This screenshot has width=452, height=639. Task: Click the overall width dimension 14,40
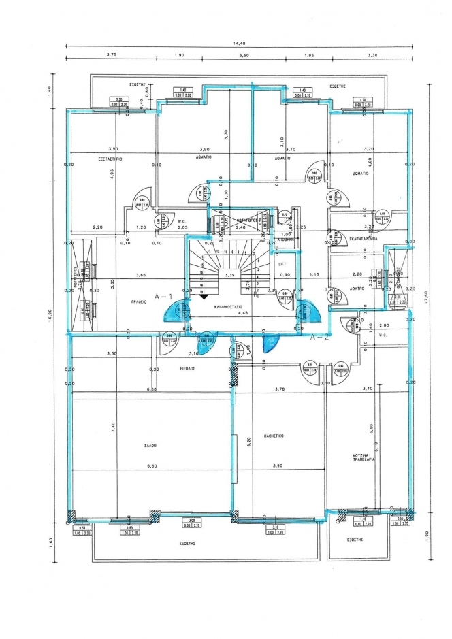239,43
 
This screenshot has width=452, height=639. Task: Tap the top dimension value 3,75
112,55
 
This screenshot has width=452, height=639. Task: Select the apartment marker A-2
320,336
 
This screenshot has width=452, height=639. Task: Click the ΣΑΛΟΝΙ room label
150,445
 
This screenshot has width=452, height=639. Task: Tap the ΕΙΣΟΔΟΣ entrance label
188,366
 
